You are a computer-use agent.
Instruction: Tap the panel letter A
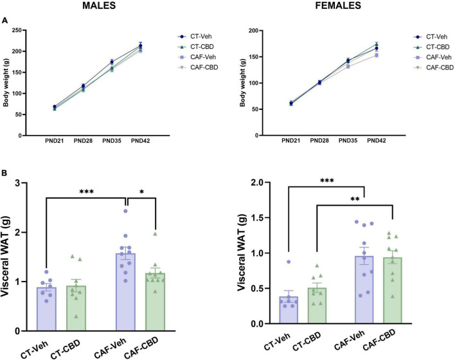pyautogui.click(x=6, y=20)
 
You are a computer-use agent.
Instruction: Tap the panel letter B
pyautogui.click(x=6, y=173)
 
